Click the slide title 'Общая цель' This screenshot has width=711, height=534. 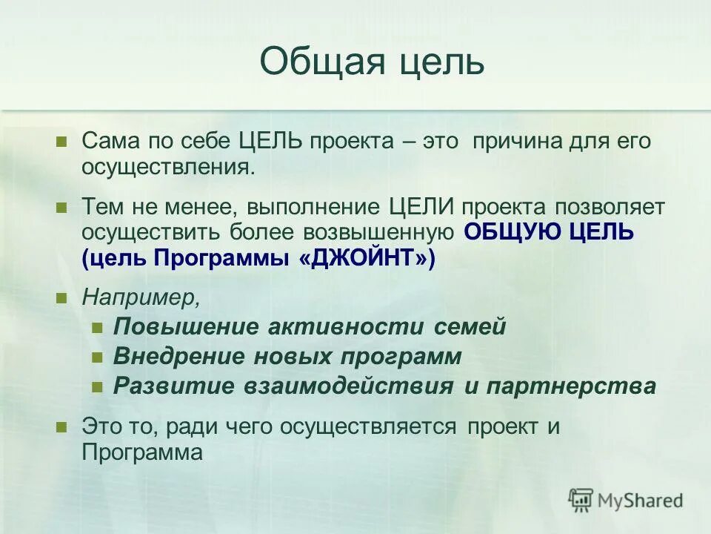pyautogui.click(x=372, y=62)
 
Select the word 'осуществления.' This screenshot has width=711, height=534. pyautogui.click(x=169, y=167)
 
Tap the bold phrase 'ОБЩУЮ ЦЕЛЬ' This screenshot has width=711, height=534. pyautogui.click(x=549, y=232)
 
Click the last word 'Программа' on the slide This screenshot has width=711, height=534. pyautogui.click(x=142, y=452)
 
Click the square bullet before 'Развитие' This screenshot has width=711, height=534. pyautogui.click(x=96, y=387)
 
